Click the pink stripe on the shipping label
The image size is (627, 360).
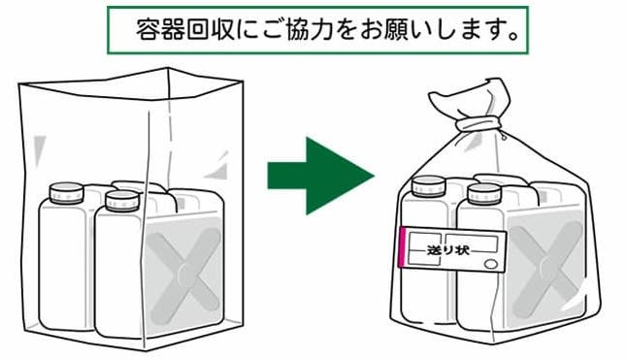point(403,246)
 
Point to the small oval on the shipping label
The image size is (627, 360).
point(491,264)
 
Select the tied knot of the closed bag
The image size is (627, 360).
point(478,124)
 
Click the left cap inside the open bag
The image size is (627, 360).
point(66,193)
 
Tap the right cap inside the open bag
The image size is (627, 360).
point(122,201)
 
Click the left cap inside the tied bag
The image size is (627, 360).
point(429,186)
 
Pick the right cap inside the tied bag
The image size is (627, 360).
point(484,194)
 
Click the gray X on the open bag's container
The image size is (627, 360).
point(183,276)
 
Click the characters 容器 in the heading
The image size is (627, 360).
point(160,29)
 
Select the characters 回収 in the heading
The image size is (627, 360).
point(210,29)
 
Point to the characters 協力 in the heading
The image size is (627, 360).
point(311,29)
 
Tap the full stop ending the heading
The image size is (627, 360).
point(513,36)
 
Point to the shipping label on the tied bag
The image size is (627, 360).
point(453,249)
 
